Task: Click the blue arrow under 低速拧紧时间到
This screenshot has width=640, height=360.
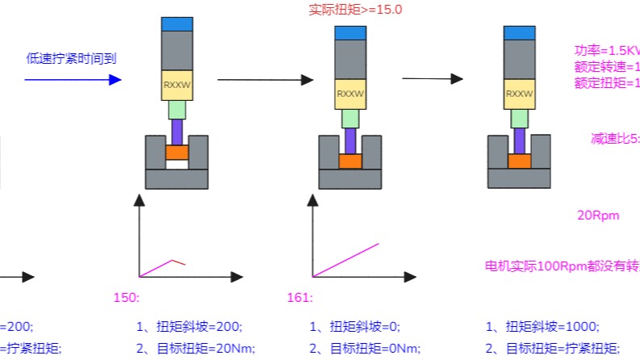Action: coord(73,79)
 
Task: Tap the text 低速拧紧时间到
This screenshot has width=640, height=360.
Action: coord(72,58)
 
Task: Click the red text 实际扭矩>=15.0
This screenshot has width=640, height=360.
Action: coord(355,10)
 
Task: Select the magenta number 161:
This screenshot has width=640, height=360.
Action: coord(299,297)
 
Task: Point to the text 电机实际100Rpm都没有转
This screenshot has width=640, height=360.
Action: coord(561,266)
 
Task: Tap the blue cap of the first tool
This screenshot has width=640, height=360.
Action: coord(177,23)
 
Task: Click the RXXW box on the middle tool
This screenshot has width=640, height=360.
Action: coord(350,94)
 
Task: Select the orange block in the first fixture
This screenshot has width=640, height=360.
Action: coord(177,152)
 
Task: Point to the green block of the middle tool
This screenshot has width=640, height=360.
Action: coord(350,119)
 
